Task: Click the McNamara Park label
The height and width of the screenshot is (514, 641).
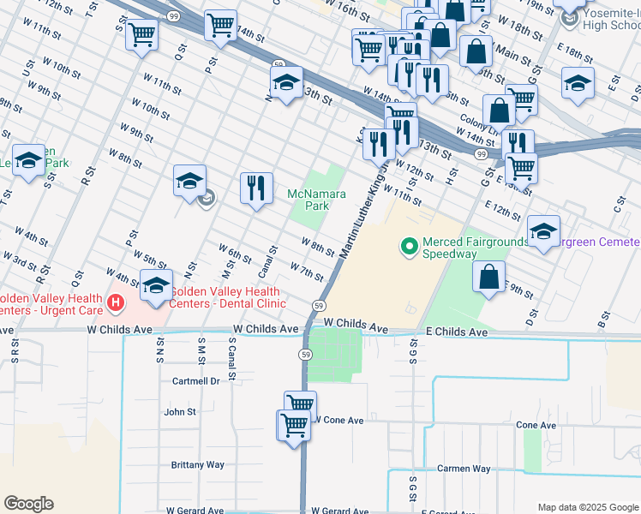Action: point(317,200)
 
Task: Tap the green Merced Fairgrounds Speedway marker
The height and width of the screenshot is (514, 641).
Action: point(410,248)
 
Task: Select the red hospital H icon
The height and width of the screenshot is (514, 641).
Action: point(116,302)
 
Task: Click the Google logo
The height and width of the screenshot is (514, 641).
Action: point(28,504)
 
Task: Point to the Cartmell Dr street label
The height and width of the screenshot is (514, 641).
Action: point(195,381)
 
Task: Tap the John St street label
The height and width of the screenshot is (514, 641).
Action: point(180,411)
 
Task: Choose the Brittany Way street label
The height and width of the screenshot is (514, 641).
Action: point(197,464)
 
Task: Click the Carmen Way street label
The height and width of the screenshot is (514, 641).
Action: point(464,469)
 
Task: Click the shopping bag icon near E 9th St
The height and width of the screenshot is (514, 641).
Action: point(488,278)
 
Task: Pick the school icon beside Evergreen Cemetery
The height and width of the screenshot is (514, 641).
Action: point(543,230)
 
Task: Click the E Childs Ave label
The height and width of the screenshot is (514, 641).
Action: point(456,332)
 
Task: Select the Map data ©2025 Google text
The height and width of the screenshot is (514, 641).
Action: point(587,507)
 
